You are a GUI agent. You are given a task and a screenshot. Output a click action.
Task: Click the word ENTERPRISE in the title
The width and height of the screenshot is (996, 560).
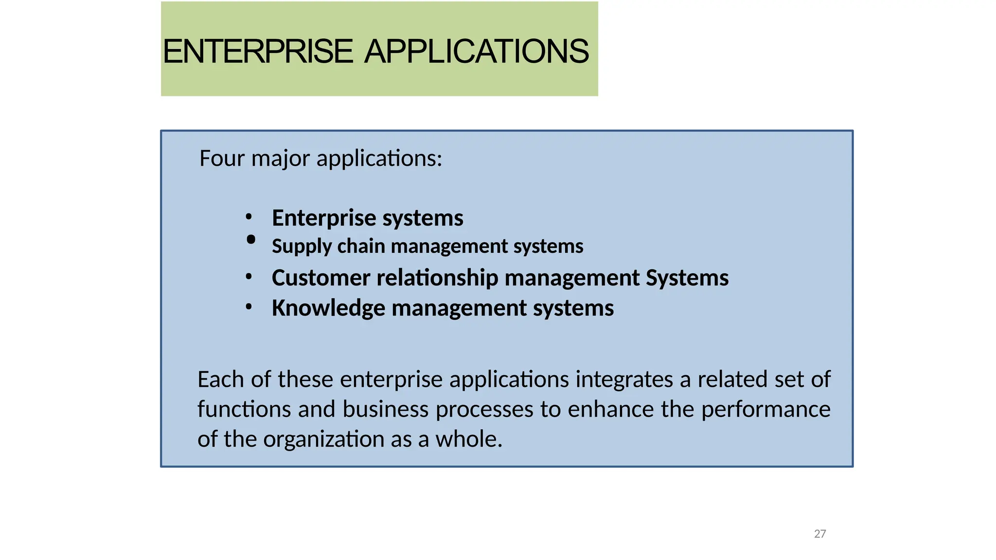[x=257, y=52]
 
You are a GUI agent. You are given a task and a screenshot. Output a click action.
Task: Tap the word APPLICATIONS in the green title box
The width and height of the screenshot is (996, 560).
[x=477, y=52]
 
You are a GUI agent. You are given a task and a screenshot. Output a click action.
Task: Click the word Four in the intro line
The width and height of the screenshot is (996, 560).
[x=222, y=158]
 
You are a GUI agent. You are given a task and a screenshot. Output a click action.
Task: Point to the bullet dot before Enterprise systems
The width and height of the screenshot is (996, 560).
[x=249, y=217]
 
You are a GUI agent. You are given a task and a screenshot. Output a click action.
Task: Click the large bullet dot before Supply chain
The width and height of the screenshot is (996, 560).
[x=251, y=239]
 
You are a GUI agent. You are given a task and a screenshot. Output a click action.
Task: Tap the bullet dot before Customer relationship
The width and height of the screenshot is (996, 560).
[x=249, y=277]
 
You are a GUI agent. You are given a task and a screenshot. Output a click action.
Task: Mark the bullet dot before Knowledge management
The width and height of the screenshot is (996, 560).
[x=249, y=307]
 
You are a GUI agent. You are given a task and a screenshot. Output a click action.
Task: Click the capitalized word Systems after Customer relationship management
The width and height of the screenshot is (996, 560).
[x=687, y=278]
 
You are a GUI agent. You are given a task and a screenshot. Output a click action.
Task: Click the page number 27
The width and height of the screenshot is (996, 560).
[x=819, y=534]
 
